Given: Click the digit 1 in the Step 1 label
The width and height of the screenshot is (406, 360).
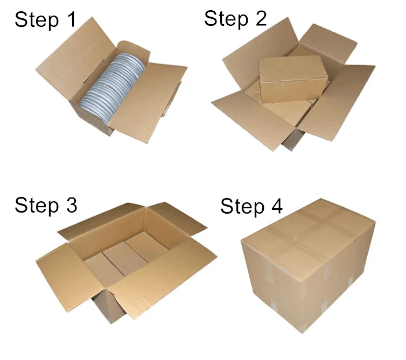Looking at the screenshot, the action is click(x=72, y=20).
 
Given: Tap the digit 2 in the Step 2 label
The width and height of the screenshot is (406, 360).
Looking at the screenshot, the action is click(x=261, y=18).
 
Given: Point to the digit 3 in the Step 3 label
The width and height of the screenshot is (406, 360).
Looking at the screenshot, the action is click(x=72, y=204).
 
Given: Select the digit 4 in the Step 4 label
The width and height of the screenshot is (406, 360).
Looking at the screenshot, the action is click(x=276, y=206).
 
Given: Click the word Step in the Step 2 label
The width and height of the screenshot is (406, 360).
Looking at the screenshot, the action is click(x=226, y=19).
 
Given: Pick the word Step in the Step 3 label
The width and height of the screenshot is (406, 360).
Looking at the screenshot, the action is click(x=37, y=205).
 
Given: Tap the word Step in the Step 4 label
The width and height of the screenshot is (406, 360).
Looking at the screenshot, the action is click(x=242, y=207).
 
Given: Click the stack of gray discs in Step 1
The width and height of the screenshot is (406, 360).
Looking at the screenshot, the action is click(x=111, y=87).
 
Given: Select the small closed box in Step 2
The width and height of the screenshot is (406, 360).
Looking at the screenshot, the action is click(x=293, y=79).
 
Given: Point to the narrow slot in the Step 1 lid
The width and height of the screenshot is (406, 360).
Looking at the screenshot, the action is click(x=94, y=72).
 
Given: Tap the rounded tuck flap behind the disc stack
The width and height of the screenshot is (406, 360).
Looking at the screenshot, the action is click(x=134, y=51).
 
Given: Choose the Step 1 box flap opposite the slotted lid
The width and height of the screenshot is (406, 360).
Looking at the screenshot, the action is click(x=148, y=102).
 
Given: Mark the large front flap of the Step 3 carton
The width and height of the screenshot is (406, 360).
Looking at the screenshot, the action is click(x=163, y=279).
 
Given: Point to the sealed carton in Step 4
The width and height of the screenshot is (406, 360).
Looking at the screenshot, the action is click(x=308, y=265).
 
